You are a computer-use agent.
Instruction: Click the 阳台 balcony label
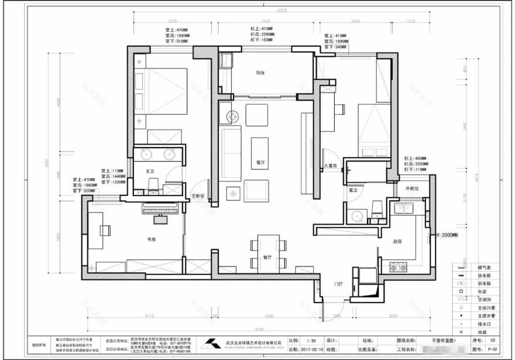coord(261,73)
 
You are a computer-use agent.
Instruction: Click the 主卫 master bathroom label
coord(149,171)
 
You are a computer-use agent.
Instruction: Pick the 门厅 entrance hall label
coord(338,284)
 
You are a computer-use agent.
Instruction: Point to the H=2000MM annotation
coord(449,235)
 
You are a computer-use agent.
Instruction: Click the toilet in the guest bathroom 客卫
coord(377,209)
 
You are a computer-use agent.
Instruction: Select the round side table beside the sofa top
coord(226,115)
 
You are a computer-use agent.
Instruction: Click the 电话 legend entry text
coord(483,291)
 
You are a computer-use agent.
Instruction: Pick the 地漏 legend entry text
coord(483,332)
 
